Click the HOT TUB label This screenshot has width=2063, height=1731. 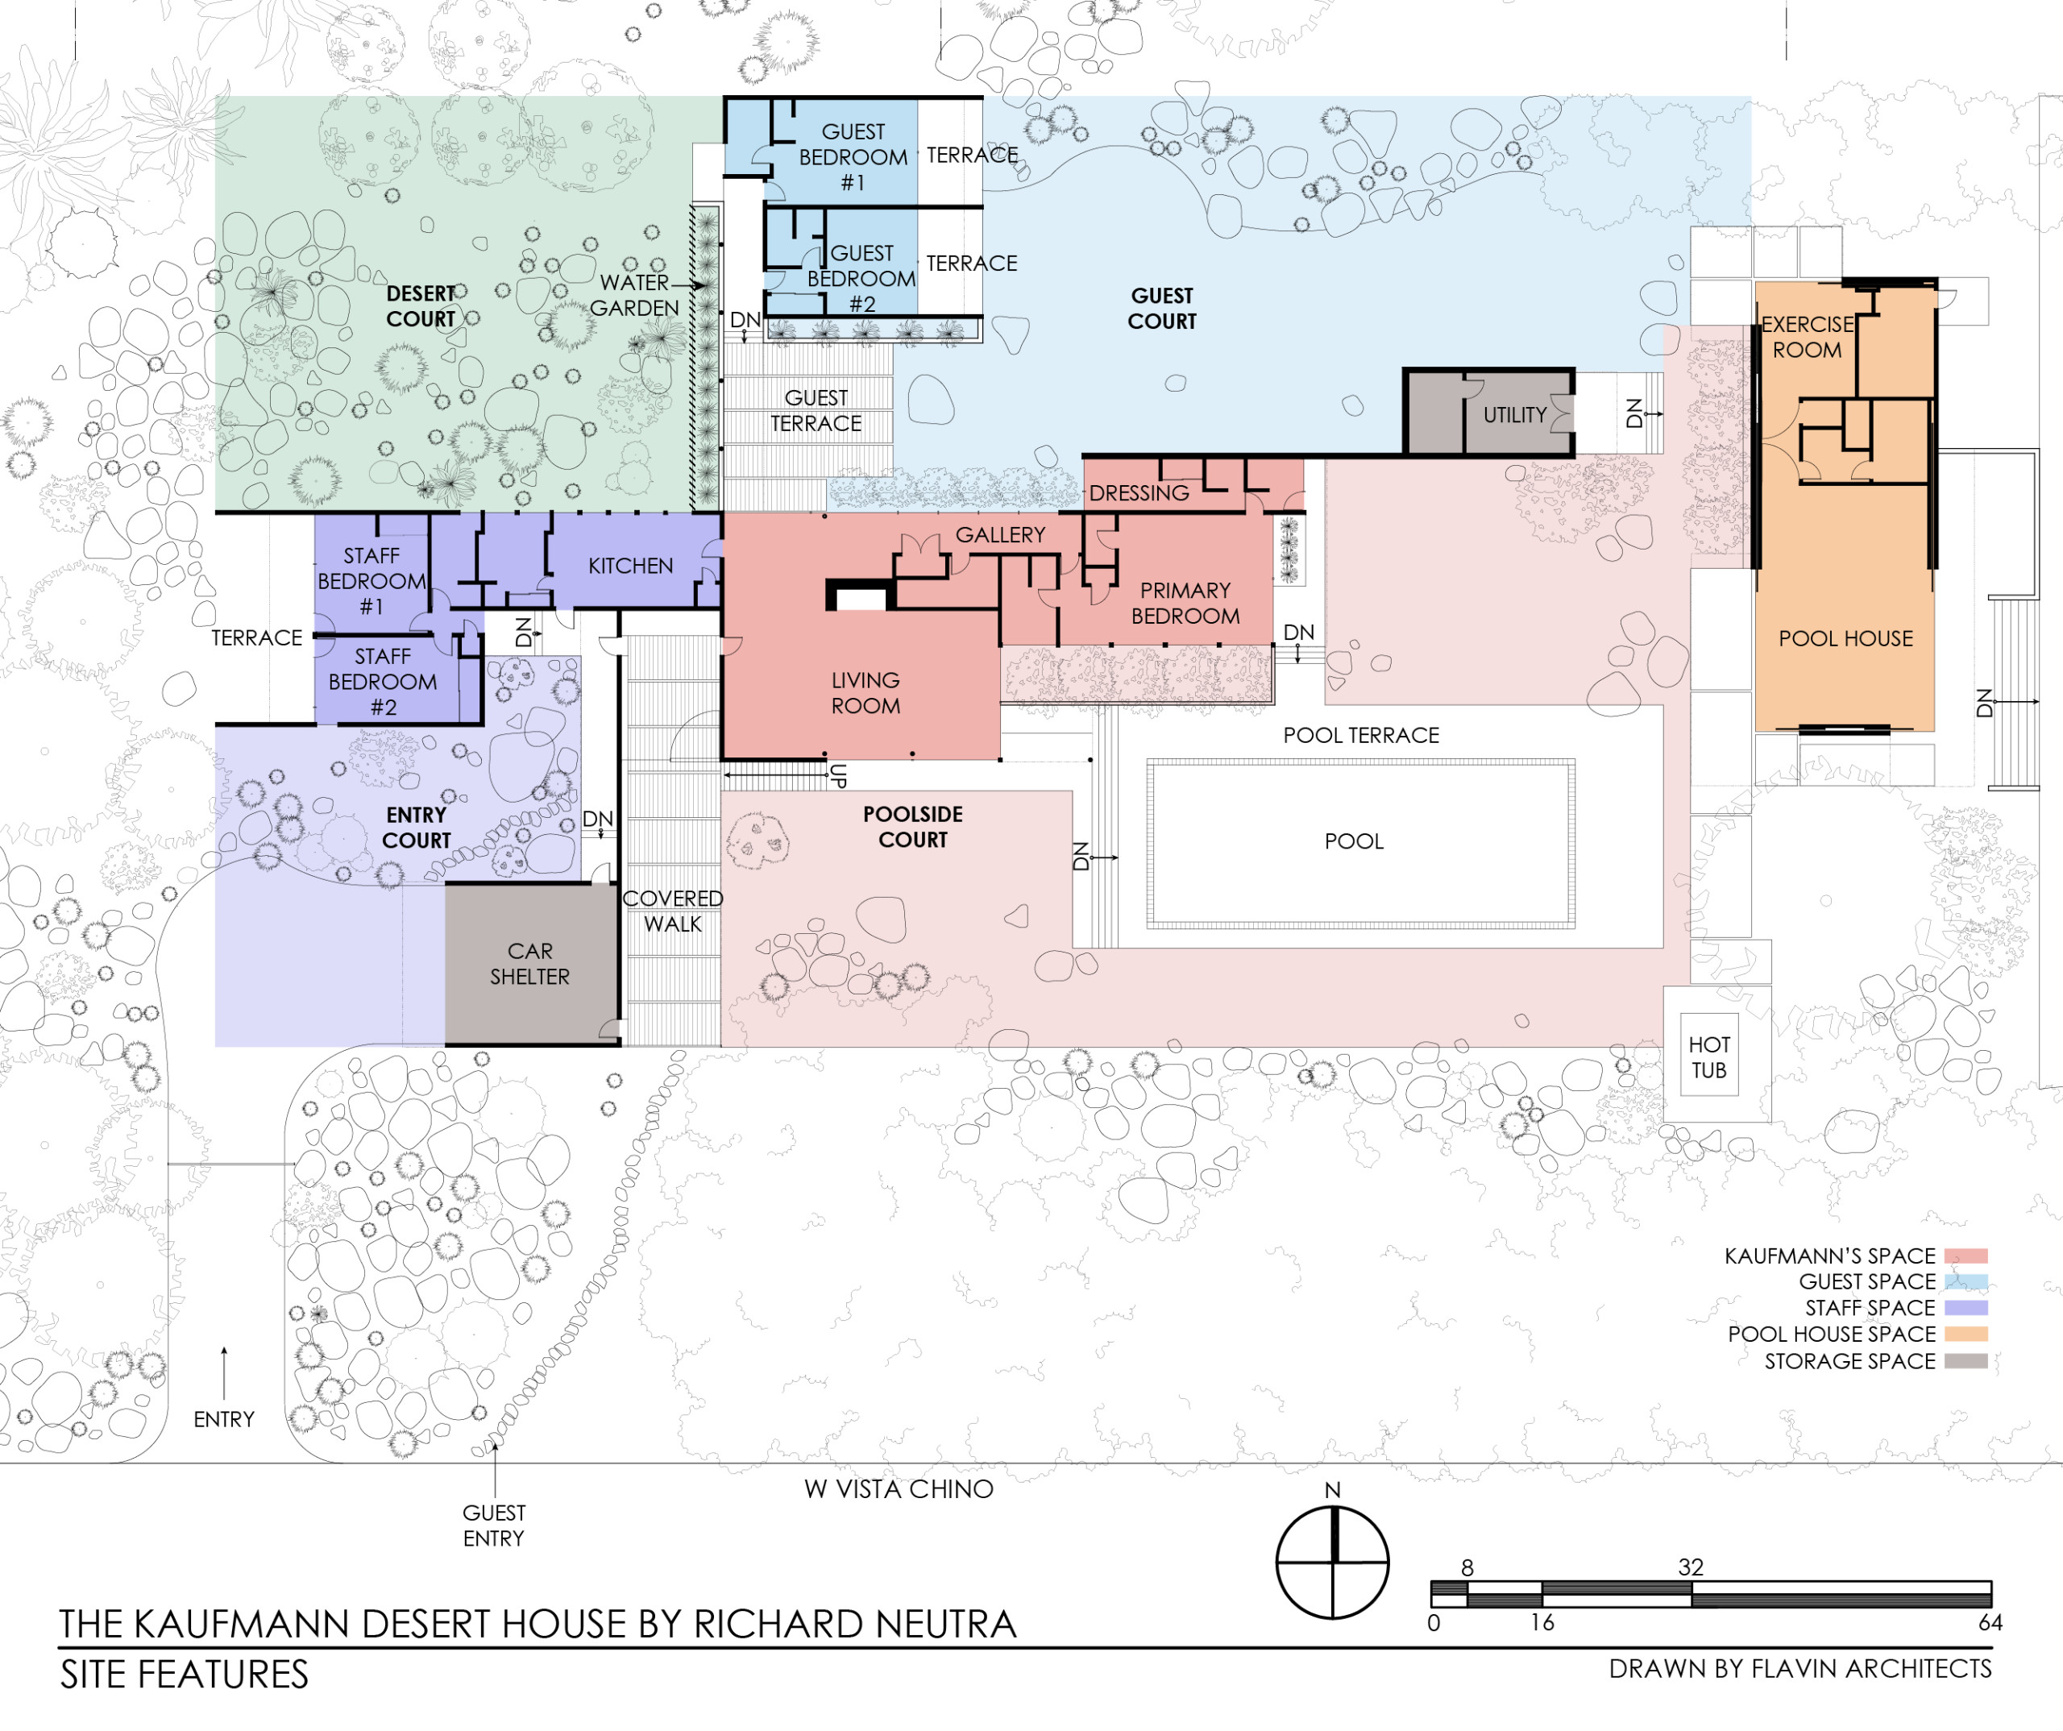tap(1708, 1057)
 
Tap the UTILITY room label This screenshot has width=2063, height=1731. tap(1515, 414)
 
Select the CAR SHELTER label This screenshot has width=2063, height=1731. tap(529, 964)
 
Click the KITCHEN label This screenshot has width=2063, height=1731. tap(631, 566)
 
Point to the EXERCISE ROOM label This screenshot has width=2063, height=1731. tap(1808, 337)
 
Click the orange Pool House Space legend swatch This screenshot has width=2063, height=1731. tap(1965, 1334)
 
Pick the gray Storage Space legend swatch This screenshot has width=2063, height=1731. tap(1965, 1360)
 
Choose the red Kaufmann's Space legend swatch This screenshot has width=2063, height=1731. tap(1965, 1256)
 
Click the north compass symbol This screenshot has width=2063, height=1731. tap(1332, 1562)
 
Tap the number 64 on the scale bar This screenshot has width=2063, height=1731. tap(1990, 1623)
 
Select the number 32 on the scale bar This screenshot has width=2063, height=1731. tap(1691, 1567)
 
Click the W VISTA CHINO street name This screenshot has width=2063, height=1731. tap(899, 1489)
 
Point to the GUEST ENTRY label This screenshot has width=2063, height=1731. tap(494, 1526)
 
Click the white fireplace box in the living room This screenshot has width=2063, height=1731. tap(861, 597)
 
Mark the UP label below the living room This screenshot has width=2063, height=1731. tap(837, 776)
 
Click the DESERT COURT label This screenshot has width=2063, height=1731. tap(421, 306)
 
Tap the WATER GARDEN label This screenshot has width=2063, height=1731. tap(635, 295)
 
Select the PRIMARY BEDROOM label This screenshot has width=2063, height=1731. tap(1185, 604)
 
